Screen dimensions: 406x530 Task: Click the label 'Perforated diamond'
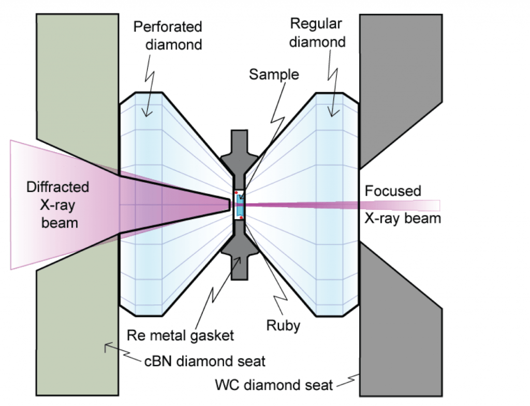click(x=168, y=35)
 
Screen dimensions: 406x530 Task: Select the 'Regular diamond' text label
click(x=317, y=32)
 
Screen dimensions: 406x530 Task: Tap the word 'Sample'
click(x=274, y=74)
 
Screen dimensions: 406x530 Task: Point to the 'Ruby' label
click(x=283, y=326)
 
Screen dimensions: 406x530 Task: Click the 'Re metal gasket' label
click(x=180, y=335)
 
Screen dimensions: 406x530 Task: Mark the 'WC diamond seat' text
click(x=274, y=385)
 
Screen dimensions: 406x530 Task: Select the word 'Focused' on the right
click(x=393, y=191)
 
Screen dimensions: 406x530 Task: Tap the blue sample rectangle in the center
click(x=239, y=204)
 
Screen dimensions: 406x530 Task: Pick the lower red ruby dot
click(x=242, y=217)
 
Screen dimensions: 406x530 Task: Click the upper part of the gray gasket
click(x=239, y=153)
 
